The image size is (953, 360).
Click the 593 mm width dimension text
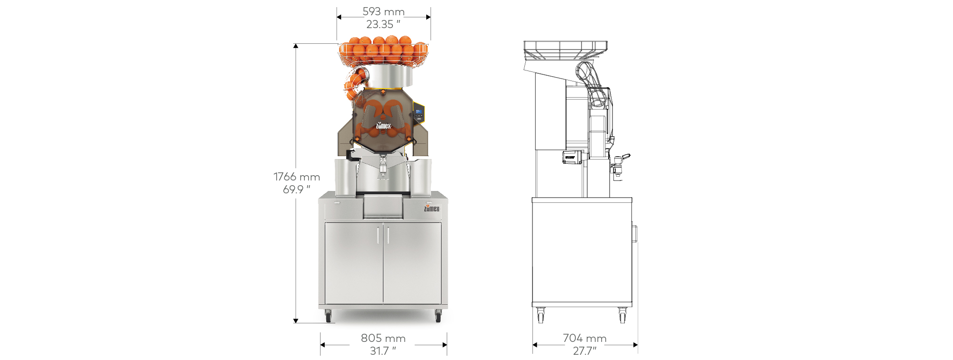coord(383,11)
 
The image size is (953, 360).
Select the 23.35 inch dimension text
coord(383,24)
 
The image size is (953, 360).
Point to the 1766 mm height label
coord(297,177)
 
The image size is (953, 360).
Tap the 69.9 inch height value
coord(297,190)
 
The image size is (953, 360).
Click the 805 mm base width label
coord(383,338)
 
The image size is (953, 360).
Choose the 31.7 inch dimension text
coord(383,351)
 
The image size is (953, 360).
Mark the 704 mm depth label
coord(585,338)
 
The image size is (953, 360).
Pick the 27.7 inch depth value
coord(585,351)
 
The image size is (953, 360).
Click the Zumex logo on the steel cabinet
coord(432,209)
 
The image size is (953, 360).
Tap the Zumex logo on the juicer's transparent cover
coord(383,126)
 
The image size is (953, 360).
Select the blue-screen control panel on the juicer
coord(419,112)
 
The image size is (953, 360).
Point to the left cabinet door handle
coord(379,235)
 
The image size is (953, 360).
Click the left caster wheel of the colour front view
coord(328,316)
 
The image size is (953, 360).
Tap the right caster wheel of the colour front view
coord(438,316)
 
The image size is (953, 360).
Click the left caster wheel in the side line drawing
coord(541,315)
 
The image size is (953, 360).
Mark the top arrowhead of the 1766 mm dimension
coord(296,46)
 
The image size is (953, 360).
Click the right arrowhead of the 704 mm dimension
coord(635,345)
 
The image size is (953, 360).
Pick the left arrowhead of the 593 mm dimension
coord(339,17)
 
